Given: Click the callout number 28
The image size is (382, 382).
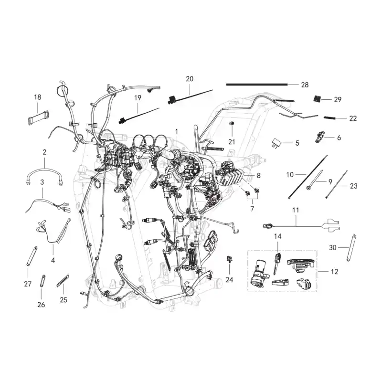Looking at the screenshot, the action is pyautogui.click(x=305, y=85).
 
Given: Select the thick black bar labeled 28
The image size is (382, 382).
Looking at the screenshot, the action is pyautogui.click(x=257, y=85).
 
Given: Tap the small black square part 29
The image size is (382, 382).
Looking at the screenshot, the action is pyautogui.click(x=317, y=98).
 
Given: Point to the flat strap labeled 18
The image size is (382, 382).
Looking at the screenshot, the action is pyautogui.click(x=38, y=118).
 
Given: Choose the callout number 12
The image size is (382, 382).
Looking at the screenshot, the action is pyautogui.click(x=335, y=272).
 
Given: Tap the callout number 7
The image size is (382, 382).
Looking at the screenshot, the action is pyautogui.click(x=252, y=209).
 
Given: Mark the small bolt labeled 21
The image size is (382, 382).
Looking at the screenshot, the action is pyautogui.click(x=232, y=124).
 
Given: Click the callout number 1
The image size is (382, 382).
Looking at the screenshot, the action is pyautogui.click(x=176, y=132).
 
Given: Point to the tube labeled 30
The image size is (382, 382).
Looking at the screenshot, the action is pyautogui.click(x=351, y=248).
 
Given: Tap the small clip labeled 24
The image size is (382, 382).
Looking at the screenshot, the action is pyautogui.click(x=229, y=259).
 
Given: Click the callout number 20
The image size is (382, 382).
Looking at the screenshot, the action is pyautogui.click(x=190, y=79).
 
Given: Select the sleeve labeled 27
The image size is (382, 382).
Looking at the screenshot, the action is pyautogui.click(x=32, y=256).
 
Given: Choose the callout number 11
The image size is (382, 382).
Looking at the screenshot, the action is pyautogui.click(x=296, y=210).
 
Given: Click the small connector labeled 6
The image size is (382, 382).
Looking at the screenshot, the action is pyautogui.click(x=319, y=137).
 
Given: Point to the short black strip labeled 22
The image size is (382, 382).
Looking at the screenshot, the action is pyautogui.click(x=329, y=118).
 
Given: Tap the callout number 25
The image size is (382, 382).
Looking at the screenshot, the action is pyautogui.click(x=64, y=300).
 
